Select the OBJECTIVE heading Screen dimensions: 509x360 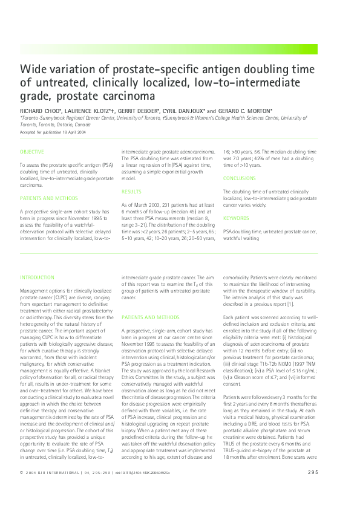click(x=32, y=151)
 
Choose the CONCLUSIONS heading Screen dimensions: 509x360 click(x=240, y=178)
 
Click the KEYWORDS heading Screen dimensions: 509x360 click(x=235, y=218)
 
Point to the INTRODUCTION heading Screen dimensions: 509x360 click(x=37, y=277)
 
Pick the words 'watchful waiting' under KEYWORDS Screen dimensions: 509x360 click(x=241, y=238)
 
